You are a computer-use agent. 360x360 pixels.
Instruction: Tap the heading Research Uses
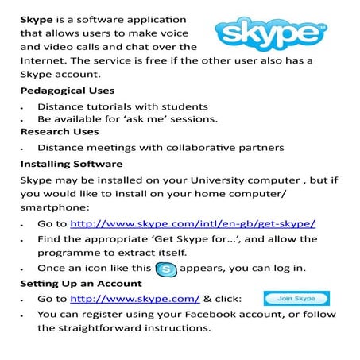pyautogui.click(x=59, y=132)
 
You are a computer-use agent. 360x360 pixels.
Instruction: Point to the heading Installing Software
pyautogui.click(x=71, y=164)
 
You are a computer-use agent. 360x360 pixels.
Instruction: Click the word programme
pyautogui.click(x=70, y=253)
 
